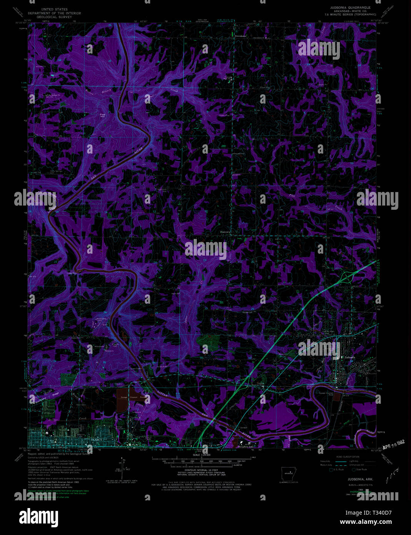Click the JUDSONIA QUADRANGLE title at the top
pos(350,7)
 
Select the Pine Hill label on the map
pos(102,115)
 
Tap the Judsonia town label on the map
pos(350,358)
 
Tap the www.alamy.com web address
pos(369,522)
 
